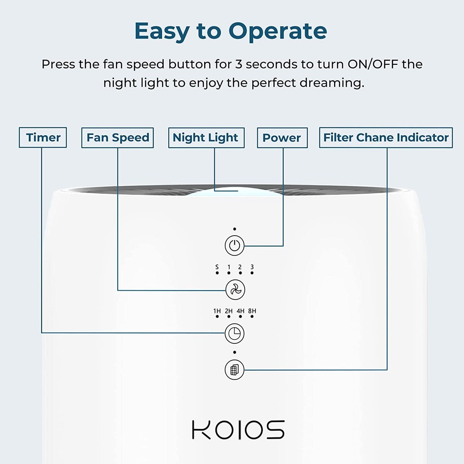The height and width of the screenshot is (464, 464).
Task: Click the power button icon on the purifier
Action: coord(235,245)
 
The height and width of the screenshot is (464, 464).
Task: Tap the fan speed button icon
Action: coord(235,289)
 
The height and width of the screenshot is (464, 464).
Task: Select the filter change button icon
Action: coord(235,370)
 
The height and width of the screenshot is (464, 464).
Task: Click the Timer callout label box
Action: coord(43,138)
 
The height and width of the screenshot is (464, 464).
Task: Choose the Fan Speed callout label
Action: coord(118,138)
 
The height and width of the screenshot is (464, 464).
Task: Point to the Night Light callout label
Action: coord(206,138)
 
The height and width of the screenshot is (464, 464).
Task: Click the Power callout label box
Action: coord(282,138)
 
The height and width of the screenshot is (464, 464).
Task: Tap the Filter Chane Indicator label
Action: coord(386,138)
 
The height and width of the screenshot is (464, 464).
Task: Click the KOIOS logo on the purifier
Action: coord(238,429)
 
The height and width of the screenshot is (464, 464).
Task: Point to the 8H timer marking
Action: coord(252,311)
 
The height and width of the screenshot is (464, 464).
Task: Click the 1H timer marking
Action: coord(217,311)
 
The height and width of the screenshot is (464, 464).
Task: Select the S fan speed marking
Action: coord(217,267)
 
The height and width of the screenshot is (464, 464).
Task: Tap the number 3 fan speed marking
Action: coord(252,267)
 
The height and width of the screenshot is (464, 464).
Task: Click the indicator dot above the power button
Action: coord(235,229)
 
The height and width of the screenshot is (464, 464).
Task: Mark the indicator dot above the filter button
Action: coord(235,352)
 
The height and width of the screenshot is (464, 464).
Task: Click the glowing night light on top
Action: coord(226,189)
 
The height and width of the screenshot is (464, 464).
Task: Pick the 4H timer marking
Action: coord(241,311)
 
